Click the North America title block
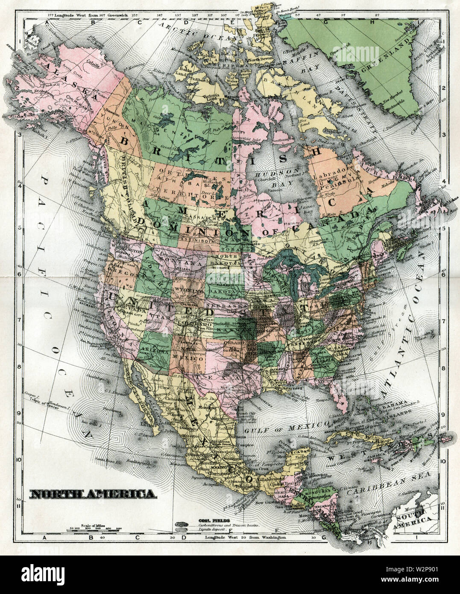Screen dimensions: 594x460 tap(92, 494)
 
